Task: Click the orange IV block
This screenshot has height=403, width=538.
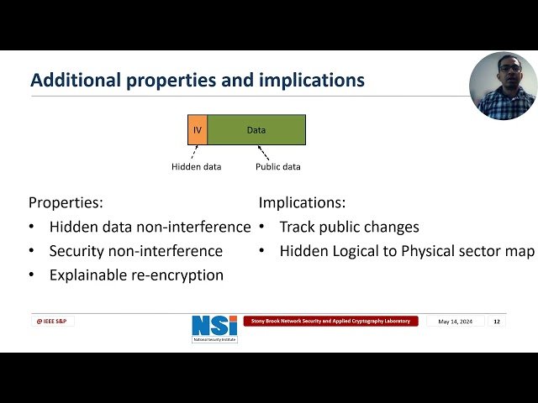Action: (198, 130)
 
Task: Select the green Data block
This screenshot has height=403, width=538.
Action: (256, 130)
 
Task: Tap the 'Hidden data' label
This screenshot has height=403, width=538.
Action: (197, 166)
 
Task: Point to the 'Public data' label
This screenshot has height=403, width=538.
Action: (277, 166)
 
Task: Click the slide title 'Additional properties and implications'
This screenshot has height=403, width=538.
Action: (198, 81)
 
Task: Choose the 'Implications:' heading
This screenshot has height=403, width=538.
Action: (302, 202)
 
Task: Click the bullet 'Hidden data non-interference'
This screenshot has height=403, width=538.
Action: (150, 227)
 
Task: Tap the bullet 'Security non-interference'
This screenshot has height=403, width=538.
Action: (135, 251)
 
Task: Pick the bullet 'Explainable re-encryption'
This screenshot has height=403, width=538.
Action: (136, 275)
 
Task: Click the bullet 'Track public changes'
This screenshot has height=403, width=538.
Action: (349, 227)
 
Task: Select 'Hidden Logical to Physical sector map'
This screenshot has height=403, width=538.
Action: (407, 251)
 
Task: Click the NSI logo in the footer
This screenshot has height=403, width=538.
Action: (214, 328)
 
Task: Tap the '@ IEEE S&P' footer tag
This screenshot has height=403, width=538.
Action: (52, 321)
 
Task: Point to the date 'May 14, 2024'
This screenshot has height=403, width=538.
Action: (455, 322)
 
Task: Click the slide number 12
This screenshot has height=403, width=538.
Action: (496, 322)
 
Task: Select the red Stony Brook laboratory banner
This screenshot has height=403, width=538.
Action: (330, 321)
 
